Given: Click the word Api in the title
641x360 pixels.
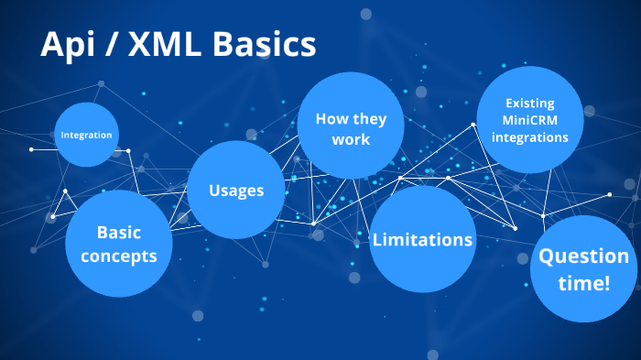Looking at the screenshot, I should pyautogui.click(x=69, y=45).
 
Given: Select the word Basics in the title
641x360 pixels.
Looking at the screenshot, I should pyautogui.click(x=263, y=45).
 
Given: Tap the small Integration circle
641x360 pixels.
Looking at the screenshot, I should pyautogui.click(x=86, y=135).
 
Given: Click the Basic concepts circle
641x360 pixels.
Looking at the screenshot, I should pyautogui.click(x=118, y=244).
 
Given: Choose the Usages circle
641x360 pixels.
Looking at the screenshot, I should pyautogui.click(x=235, y=191).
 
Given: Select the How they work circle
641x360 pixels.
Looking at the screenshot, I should pyautogui.click(x=351, y=128).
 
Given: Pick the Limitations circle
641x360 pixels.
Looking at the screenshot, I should pyautogui.click(x=422, y=240).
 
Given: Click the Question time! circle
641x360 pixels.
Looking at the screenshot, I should pyautogui.click(x=583, y=269).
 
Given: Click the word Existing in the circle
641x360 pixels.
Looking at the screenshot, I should pyautogui.click(x=529, y=104).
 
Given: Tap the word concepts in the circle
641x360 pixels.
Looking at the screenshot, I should pyautogui.click(x=118, y=256).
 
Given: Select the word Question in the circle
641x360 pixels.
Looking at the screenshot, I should pyautogui.click(x=583, y=256).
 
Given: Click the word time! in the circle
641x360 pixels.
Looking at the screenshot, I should pyautogui.click(x=583, y=283).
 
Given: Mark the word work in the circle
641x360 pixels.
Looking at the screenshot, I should pyautogui.click(x=351, y=139).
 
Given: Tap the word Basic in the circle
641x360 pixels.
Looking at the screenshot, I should pyautogui.click(x=118, y=233).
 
